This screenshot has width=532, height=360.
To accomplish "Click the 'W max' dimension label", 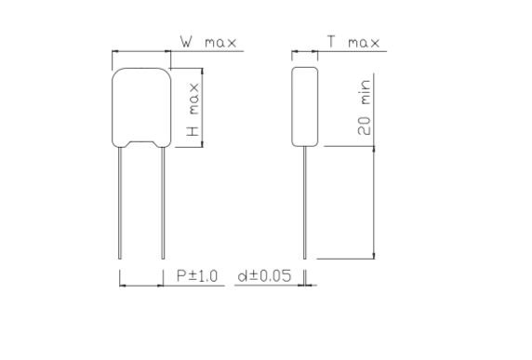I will tap(208, 42).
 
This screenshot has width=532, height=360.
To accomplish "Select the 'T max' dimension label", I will tap(352, 42).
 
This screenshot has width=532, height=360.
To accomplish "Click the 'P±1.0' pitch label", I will tap(196, 276).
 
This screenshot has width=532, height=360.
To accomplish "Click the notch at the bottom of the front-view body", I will tap(141, 143).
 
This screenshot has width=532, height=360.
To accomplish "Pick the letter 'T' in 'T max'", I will tap(331, 42).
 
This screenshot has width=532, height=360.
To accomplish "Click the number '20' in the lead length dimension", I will tap(366, 127).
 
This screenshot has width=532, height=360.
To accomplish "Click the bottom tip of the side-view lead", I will tap(306, 259).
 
